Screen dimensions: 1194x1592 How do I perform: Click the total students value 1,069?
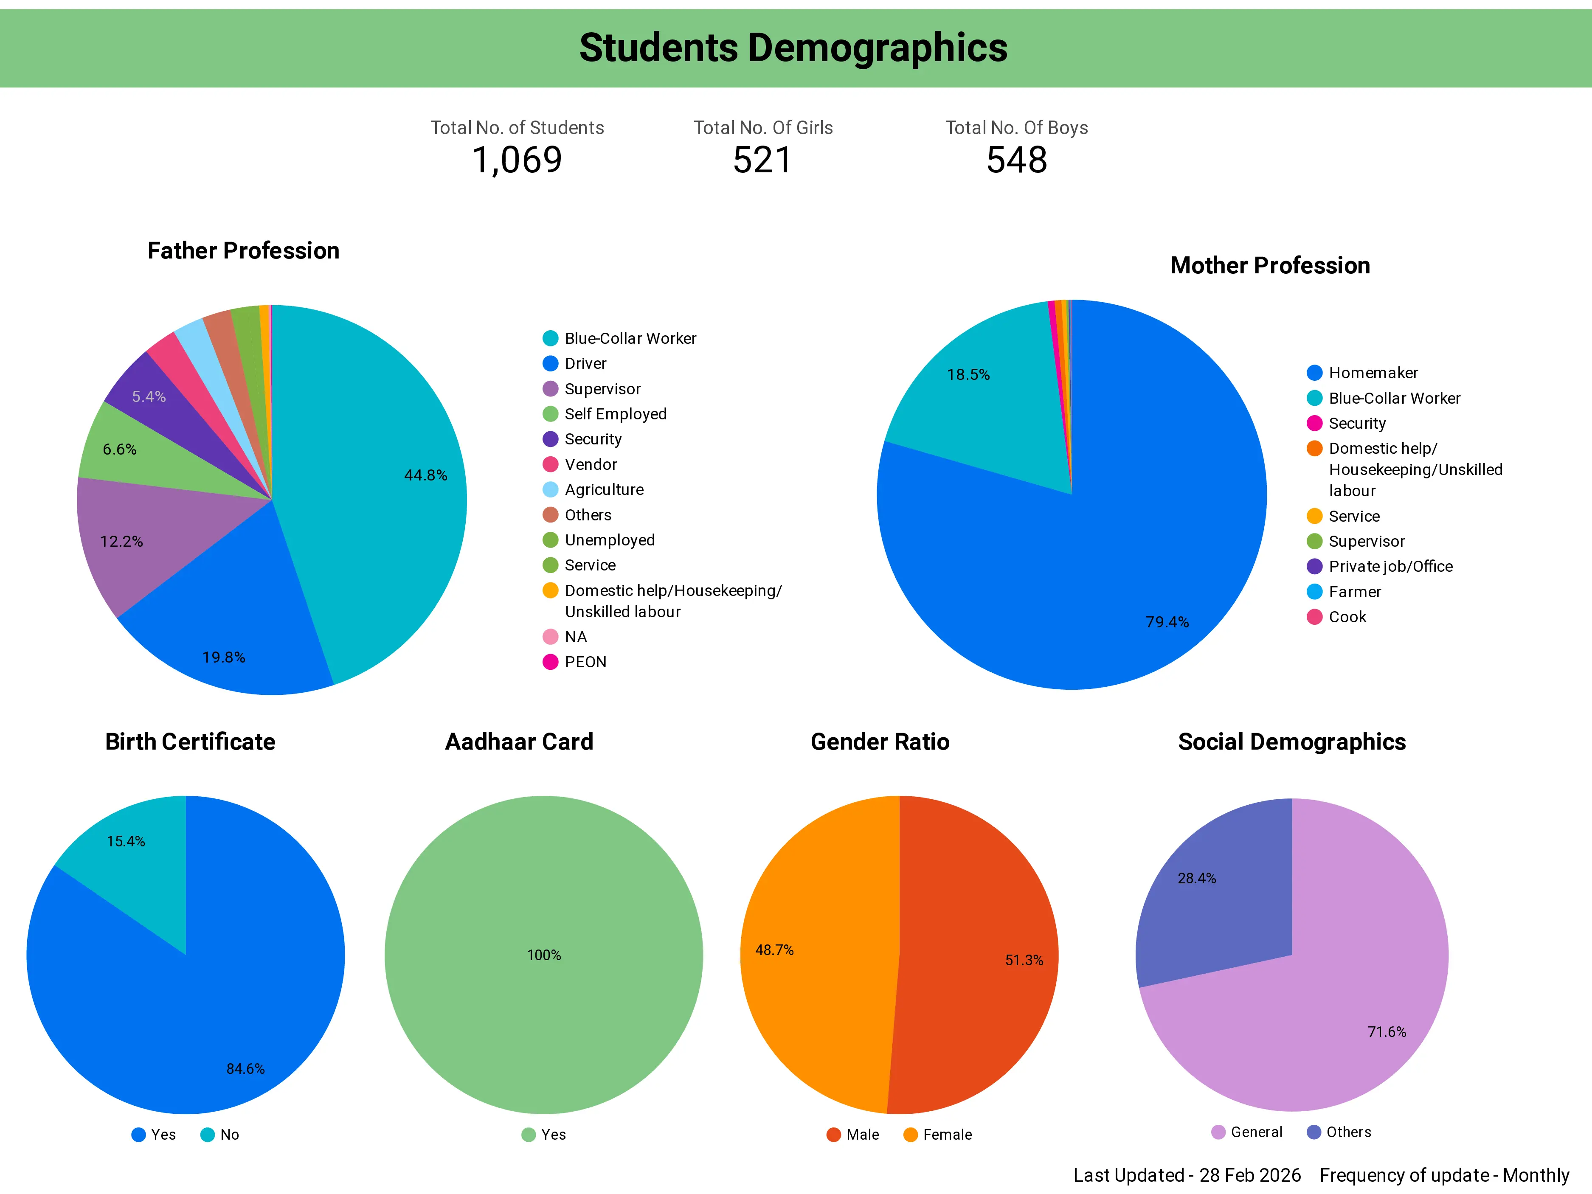point(517,160)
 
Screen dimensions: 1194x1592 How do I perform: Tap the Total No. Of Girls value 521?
point(762,160)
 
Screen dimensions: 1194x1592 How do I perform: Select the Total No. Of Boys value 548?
point(1016,160)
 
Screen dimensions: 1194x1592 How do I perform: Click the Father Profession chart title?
point(243,250)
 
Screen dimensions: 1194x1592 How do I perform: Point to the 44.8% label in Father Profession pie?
point(425,475)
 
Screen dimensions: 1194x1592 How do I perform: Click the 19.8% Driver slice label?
point(224,657)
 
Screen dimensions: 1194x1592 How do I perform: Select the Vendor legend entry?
point(590,464)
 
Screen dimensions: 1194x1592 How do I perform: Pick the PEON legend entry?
point(585,662)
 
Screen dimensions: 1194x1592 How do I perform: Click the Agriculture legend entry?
point(603,489)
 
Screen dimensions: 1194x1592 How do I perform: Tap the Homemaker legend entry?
point(1373,373)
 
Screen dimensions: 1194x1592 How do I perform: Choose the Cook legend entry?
point(1347,617)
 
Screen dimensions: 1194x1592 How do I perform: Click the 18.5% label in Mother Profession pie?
point(968,374)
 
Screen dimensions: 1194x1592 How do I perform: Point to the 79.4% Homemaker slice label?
point(1167,622)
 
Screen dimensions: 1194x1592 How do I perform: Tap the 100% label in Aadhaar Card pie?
point(544,955)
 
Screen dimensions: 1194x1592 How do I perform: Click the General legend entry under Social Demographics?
point(1255,1132)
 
